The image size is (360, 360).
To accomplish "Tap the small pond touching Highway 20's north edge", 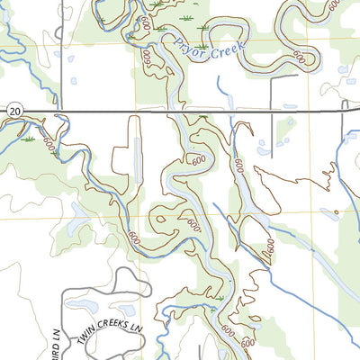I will [x=290, y=106].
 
